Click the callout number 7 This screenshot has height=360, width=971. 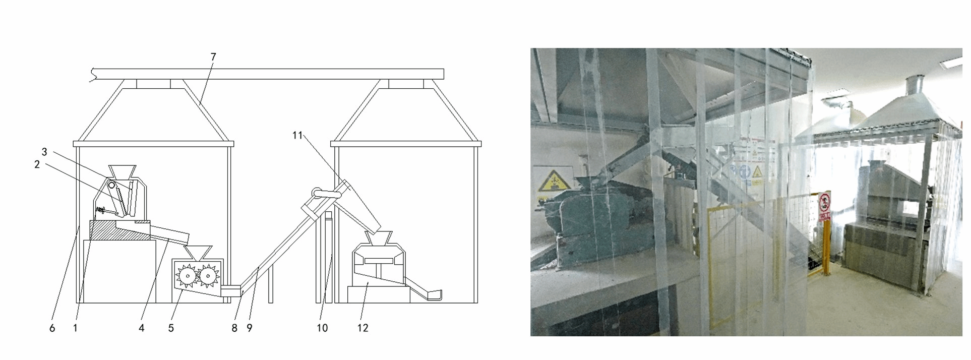(213, 57)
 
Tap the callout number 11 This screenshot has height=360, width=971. (297, 135)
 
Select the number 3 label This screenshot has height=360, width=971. (44, 152)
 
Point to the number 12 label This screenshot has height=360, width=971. (362, 328)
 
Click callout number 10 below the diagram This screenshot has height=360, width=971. (322, 328)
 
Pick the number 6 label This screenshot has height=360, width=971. (52, 328)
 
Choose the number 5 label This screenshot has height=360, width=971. (171, 328)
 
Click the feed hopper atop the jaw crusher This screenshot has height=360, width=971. (123, 172)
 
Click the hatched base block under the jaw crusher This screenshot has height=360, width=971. (119, 230)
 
